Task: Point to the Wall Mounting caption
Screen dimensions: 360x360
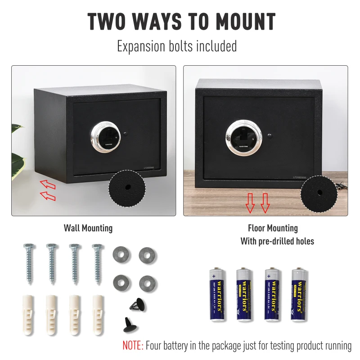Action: [88, 229]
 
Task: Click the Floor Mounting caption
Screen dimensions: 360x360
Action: [273, 229]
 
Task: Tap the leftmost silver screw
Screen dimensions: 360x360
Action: [28, 264]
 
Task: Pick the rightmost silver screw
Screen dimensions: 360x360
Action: [96, 264]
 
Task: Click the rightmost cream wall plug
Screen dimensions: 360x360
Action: [97, 313]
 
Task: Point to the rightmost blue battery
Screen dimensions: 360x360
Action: [297, 295]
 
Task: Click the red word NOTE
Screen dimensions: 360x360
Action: [133, 346]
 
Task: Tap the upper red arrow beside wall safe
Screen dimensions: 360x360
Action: [47, 184]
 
